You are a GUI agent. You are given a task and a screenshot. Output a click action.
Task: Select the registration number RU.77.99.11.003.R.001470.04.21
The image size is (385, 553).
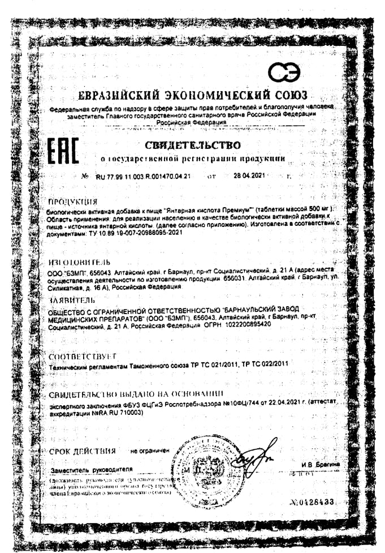tap(143, 176)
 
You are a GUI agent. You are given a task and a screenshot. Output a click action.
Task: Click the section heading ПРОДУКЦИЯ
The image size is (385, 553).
tap(73, 201)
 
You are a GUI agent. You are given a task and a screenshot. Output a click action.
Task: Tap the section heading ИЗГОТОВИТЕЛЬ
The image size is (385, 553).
tap(75, 263)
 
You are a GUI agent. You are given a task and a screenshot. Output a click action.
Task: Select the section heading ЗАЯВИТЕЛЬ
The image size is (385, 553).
tap(72, 299)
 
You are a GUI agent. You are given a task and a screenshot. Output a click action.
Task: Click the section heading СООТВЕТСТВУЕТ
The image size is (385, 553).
tap(83, 356)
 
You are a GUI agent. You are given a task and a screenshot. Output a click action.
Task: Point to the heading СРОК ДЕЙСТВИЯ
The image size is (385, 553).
tap(83, 451)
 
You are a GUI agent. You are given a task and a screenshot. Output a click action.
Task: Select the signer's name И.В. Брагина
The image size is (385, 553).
tap(321, 464)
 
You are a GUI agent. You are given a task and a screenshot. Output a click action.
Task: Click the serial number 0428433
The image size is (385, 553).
tap(315, 502)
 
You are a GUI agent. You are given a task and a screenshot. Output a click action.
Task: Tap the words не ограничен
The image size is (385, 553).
tap(150, 452)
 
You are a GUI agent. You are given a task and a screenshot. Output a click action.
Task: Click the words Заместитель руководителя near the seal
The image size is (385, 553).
tap(91, 469)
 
